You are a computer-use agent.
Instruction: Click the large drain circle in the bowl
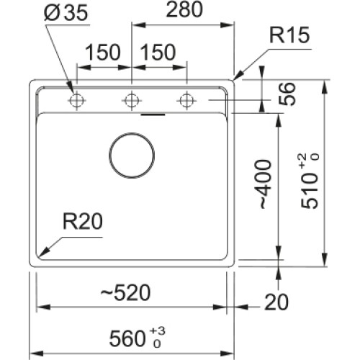[132, 154]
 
